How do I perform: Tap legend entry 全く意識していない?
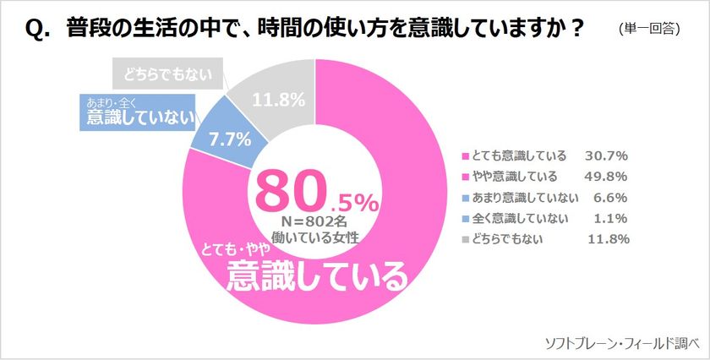[x=513, y=218]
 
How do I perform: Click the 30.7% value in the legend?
[x=605, y=156]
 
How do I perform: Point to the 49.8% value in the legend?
[x=605, y=177]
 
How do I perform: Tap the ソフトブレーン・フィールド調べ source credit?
[x=623, y=342]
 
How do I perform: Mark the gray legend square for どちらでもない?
[x=463, y=239]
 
